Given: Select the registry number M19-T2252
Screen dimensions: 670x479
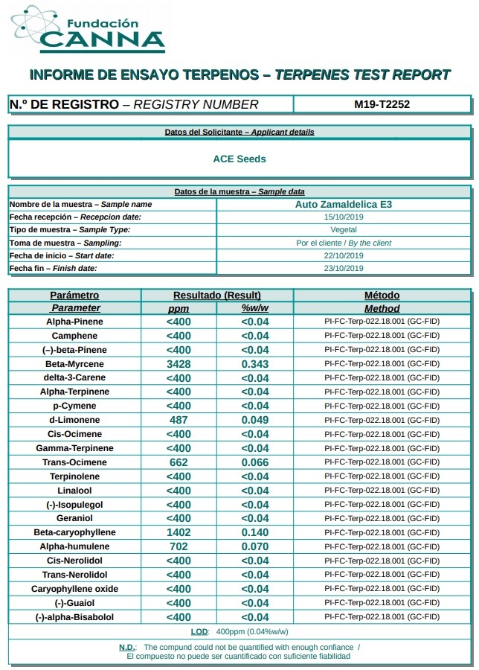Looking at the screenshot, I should click(382, 104).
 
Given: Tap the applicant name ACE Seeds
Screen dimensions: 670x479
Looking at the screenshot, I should click(239, 159).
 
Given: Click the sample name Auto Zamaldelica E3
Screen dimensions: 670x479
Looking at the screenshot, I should click(344, 204).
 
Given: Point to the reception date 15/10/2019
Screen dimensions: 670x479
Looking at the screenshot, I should click(344, 217).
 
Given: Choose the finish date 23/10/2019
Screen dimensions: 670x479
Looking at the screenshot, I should click(344, 268).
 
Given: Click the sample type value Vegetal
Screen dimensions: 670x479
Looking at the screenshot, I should click(344, 229).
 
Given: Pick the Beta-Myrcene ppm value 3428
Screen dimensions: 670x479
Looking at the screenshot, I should click(179, 364).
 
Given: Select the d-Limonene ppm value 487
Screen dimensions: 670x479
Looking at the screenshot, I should click(179, 420).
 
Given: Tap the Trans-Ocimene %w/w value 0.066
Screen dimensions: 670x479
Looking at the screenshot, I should click(255, 462).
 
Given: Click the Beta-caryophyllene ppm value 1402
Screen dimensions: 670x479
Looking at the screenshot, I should click(179, 532).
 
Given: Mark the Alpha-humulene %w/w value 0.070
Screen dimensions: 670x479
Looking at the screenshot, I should click(255, 546).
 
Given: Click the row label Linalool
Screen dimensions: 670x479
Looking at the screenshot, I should click(74, 491).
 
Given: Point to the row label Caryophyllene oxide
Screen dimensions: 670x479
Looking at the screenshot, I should click(74, 589).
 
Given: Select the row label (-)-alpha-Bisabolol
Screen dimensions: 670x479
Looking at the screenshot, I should click(74, 617).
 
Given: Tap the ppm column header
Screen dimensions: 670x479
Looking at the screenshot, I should click(179, 308).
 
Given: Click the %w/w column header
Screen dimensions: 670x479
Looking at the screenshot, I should click(255, 308).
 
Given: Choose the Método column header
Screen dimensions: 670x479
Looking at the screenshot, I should click(382, 295).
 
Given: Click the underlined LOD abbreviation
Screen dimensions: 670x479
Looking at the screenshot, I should click(199, 631).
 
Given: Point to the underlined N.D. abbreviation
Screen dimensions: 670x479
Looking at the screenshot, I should click(127, 647).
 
